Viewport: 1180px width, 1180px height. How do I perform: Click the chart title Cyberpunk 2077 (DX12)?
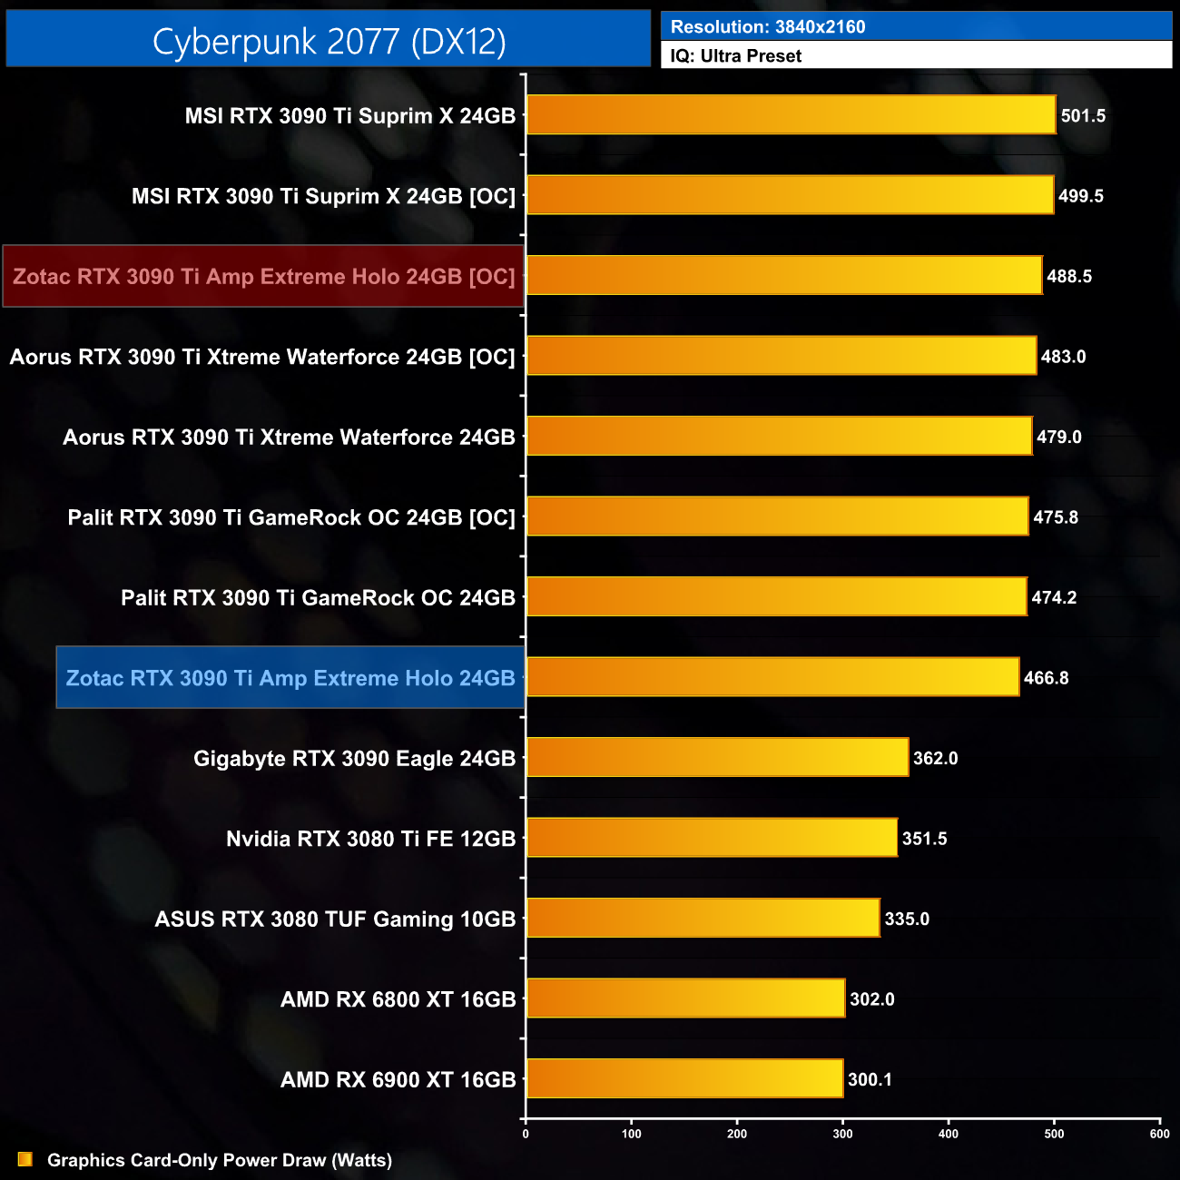pyautogui.click(x=329, y=41)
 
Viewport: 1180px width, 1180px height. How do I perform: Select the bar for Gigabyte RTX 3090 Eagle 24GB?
pyautogui.click(x=717, y=757)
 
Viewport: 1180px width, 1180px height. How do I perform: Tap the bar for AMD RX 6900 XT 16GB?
pyautogui.click(x=684, y=1078)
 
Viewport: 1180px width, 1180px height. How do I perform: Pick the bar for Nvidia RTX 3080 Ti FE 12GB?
pyautogui.click(x=712, y=838)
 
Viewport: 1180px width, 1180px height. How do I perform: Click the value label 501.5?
pyautogui.click(x=1083, y=116)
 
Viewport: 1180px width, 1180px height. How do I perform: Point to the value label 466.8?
pyautogui.click(x=1046, y=678)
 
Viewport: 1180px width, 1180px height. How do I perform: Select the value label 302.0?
pyautogui.click(x=871, y=999)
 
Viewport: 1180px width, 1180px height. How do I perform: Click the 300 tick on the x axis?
pyautogui.click(x=842, y=1134)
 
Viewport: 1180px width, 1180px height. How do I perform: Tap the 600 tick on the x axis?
pyautogui.click(x=1159, y=1134)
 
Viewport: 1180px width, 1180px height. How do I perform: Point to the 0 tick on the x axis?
pyautogui.click(x=526, y=1134)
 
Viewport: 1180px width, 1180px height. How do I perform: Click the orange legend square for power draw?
pyautogui.click(x=25, y=1159)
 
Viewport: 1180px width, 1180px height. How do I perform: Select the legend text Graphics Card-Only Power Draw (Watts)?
pyautogui.click(x=220, y=1160)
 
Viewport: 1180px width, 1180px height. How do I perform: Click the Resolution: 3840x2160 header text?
pyautogui.click(x=768, y=27)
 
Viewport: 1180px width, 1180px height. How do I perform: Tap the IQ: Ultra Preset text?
pyautogui.click(x=736, y=56)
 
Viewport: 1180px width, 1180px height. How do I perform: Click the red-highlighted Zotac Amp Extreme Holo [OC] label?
pyautogui.click(x=263, y=276)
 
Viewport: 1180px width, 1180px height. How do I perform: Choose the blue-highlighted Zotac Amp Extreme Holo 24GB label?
pyautogui.click(x=290, y=678)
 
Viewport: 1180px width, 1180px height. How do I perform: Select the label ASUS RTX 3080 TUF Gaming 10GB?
pyautogui.click(x=335, y=919)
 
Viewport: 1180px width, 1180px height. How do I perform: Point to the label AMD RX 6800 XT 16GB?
pyautogui.click(x=398, y=999)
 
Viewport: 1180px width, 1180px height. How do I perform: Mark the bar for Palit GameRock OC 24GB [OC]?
pyautogui.click(x=777, y=516)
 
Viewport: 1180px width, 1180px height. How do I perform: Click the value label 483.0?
pyautogui.click(x=1063, y=357)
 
